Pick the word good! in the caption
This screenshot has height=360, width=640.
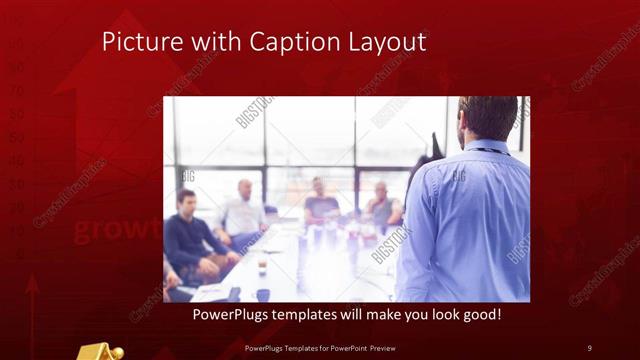point(480,315)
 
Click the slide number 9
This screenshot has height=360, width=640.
point(589,347)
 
